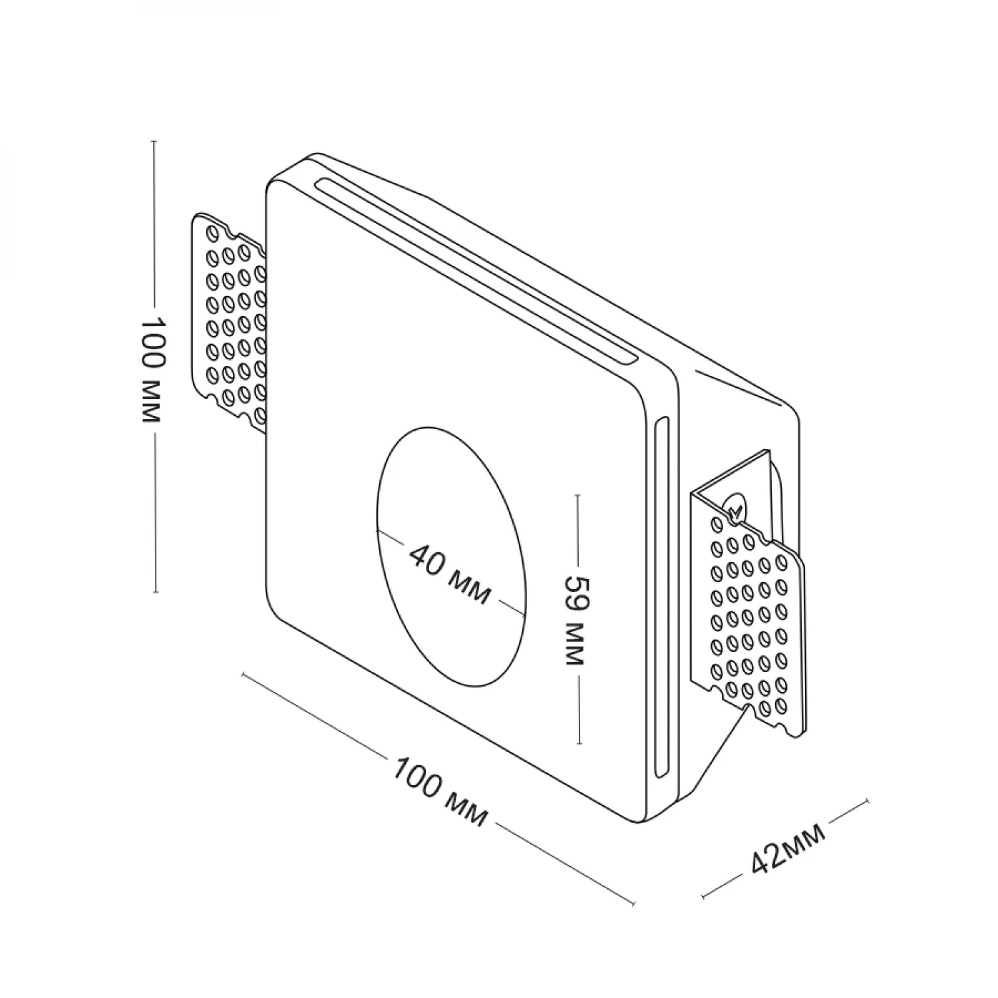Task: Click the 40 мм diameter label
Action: click(450, 573)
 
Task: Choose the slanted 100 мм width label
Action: click(439, 791)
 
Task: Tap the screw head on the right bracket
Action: click(736, 509)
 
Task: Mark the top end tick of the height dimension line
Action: click(154, 142)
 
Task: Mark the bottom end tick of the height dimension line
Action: click(155, 591)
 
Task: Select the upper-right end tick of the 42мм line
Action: click(866, 801)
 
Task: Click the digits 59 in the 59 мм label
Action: click(574, 588)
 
